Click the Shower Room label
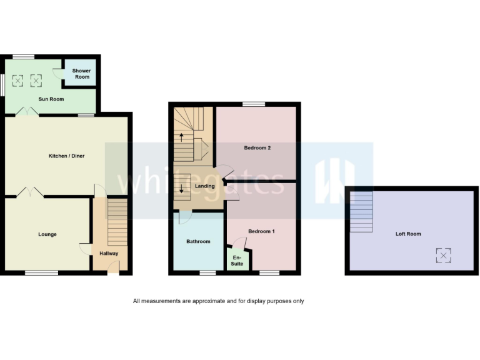(82, 74)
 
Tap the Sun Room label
(51, 99)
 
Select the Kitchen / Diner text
(67, 156)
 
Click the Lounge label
(47, 234)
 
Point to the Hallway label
(109, 253)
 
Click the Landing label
(204, 186)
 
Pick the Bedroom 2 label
(256, 147)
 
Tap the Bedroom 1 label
(261, 231)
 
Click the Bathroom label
(198, 241)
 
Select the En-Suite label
(237, 259)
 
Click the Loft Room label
(408, 234)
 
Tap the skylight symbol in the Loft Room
(443, 255)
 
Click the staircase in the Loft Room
(361, 212)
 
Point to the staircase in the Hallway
(117, 222)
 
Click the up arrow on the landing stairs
(182, 137)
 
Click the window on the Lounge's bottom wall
(42, 272)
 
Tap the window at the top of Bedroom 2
(253, 104)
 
